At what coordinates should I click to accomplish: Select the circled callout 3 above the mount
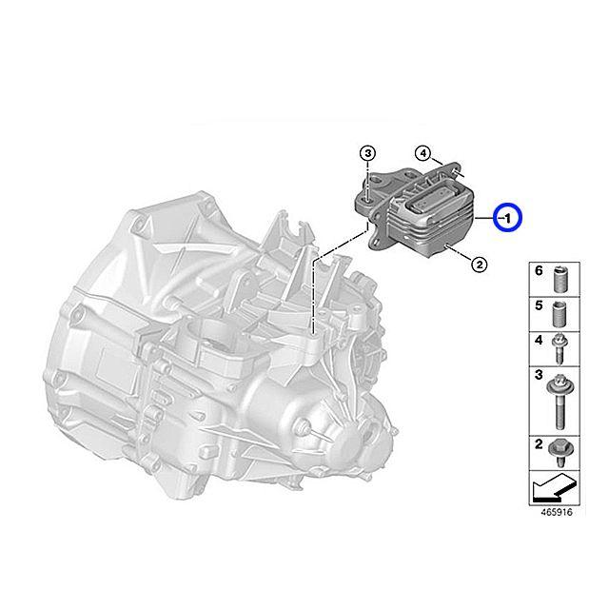tap(369, 154)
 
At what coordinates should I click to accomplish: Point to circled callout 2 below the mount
tap(479, 264)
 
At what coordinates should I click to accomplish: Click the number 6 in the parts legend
tap(538, 272)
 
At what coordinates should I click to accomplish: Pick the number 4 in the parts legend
tap(538, 340)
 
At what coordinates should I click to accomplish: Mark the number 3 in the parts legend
tap(538, 378)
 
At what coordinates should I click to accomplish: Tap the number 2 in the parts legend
tap(538, 444)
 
